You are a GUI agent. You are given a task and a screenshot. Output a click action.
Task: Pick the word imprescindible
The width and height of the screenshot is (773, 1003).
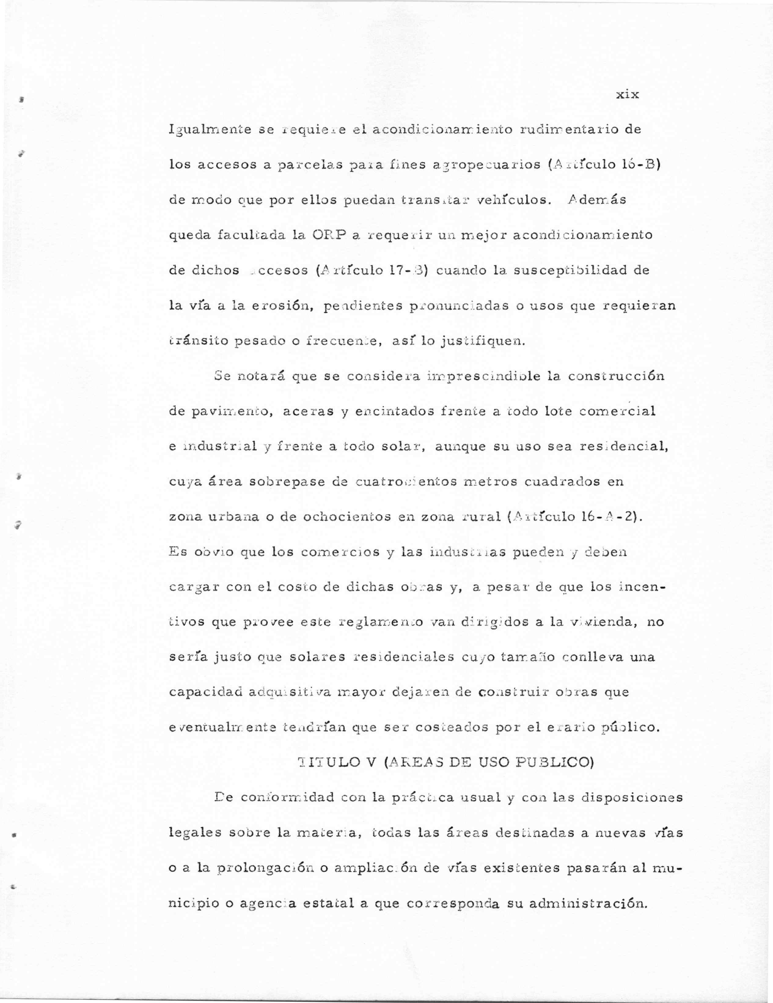(482, 377)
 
